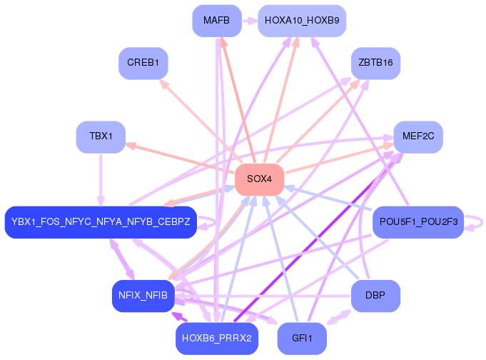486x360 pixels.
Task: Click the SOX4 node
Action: pyautogui.click(x=259, y=179)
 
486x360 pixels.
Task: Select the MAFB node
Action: pyautogui.click(x=216, y=21)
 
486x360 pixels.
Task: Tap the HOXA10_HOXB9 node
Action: pyautogui.click(x=302, y=21)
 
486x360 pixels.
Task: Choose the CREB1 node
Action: pyautogui.click(x=143, y=63)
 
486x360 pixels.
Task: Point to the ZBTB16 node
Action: pyautogui.click(x=375, y=63)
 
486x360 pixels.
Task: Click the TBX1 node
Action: pyautogui.click(x=101, y=136)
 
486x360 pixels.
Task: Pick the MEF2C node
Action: pyautogui.click(x=418, y=136)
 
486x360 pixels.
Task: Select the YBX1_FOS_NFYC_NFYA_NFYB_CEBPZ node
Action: pyautogui.click(x=101, y=222)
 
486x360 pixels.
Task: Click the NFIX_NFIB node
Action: pyautogui.click(x=143, y=296)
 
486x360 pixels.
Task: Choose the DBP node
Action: pyautogui.click(x=375, y=296)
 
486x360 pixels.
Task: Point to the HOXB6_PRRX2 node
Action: pyautogui.click(x=216, y=338)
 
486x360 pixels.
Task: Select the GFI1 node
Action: pyautogui.click(x=302, y=338)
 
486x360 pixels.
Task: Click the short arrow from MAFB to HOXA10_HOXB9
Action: pyautogui.click(x=249, y=21)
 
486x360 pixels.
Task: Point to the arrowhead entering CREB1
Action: pyautogui.click(x=163, y=83)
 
